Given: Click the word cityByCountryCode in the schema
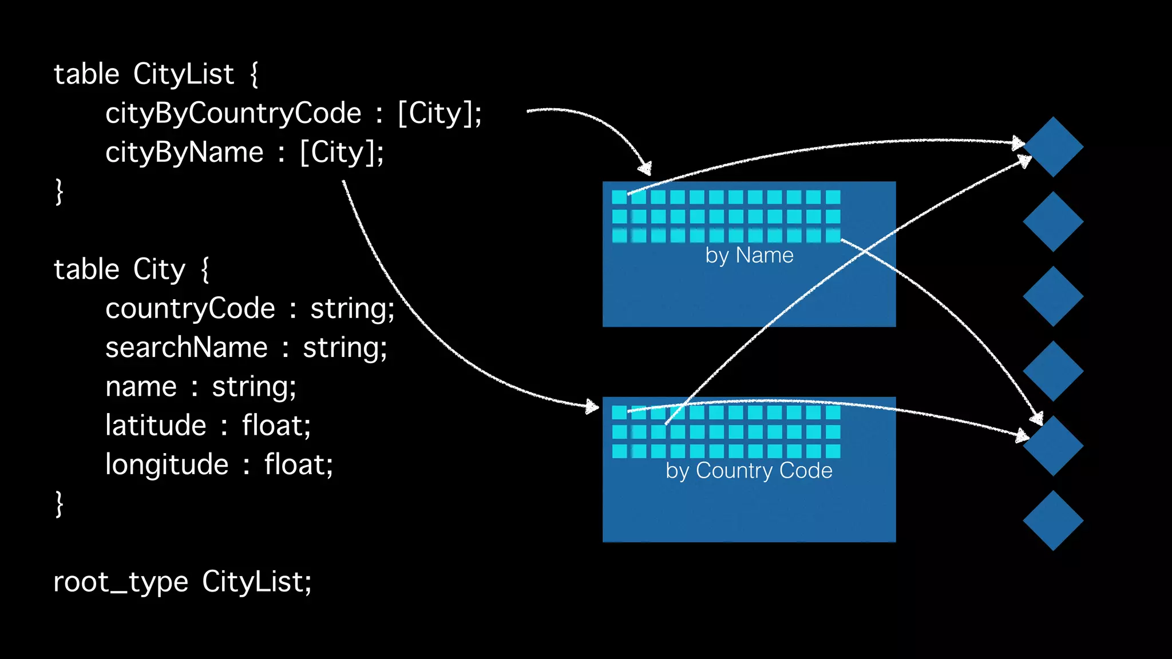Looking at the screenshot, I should (233, 113).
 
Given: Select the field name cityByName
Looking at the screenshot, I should (184, 153).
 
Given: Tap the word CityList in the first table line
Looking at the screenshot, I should (184, 74).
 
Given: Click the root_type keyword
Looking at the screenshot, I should (121, 582).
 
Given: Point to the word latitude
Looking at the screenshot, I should (156, 426).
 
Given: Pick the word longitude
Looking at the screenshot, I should (167, 465).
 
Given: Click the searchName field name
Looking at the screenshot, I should (187, 348).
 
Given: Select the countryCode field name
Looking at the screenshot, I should (191, 309).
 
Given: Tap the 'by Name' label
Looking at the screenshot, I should (749, 255).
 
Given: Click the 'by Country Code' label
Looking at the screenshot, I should (749, 471).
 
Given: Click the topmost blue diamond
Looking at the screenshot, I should (1053, 147).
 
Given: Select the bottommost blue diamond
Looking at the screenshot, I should (1053, 521).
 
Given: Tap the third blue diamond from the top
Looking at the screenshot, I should (1053, 296).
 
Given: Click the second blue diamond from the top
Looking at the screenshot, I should (1053, 221).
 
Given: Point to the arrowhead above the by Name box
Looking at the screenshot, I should (646, 168).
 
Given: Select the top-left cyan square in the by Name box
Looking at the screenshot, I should (619, 197).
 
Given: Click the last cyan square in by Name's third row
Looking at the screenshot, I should (833, 235).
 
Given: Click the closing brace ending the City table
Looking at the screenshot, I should (59, 504).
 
